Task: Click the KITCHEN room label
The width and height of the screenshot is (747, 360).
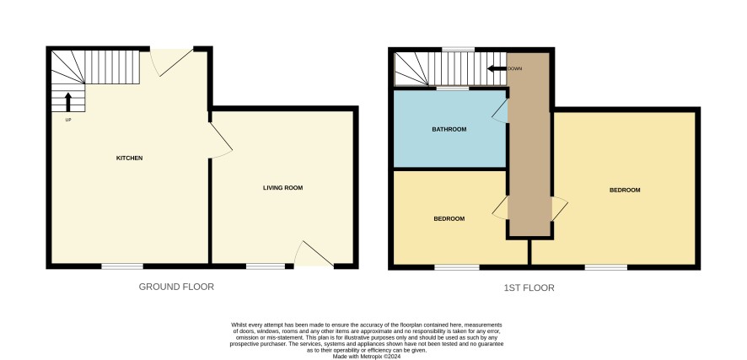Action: tap(130, 159)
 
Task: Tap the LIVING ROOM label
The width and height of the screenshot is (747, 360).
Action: tap(283, 188)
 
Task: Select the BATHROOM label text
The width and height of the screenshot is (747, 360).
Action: tap(449, 129)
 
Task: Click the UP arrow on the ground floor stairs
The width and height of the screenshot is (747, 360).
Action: tap(68, 102)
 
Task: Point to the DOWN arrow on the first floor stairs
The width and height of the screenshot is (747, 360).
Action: tap(497, 68)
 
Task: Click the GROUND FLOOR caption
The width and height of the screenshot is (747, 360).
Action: tap(176, 287)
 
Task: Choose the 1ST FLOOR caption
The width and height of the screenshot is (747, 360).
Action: tap(529, 287)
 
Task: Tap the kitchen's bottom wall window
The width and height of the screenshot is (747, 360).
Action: tap(122, 266)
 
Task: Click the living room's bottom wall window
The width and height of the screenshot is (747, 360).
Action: tap(266, 266)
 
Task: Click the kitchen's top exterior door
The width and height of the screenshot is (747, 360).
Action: tap(171, 62)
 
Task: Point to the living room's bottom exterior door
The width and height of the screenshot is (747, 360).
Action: tap(314, 254)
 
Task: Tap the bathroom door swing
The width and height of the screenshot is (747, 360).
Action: tap(500, 111)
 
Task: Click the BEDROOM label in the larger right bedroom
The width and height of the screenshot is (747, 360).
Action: tap(625, 190)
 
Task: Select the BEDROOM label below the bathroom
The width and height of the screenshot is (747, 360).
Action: tap(449, 219)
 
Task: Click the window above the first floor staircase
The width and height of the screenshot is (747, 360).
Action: tap(458, 49)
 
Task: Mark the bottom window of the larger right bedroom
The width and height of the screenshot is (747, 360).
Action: tap(606, 267)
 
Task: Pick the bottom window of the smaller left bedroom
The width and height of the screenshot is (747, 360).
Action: tap(457, 267)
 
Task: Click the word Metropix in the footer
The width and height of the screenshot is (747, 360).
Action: tap(375, 356)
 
